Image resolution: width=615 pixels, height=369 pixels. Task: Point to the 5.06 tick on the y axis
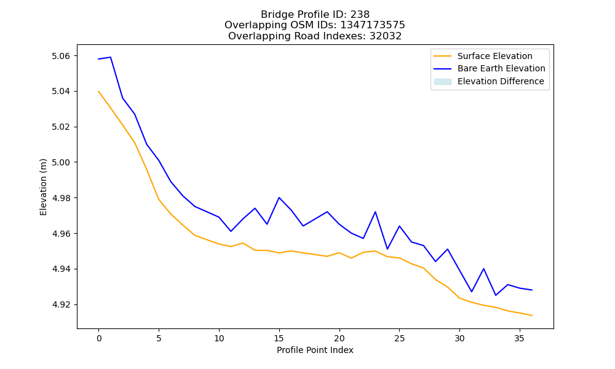click(x=61, y=56)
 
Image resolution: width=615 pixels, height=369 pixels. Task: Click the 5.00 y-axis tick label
click(x=61, y=162)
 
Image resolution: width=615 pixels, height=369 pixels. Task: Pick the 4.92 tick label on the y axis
click(x=61, y=304)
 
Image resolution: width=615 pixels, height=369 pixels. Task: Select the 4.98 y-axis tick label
click(x=61, y=198)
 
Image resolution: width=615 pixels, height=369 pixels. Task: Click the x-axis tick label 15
click(x=279, y=338)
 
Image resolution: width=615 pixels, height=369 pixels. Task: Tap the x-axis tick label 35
click(x=519, y=338)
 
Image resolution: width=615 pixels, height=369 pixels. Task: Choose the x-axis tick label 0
click(x=99, y=338)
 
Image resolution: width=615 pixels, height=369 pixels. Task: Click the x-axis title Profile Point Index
click(x=315, y=350)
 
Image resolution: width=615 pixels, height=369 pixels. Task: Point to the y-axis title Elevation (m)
click(x=43, y=187)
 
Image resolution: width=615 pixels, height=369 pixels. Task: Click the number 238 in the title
click(x=360, y=15)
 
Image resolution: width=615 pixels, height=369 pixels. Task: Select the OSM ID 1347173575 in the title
click(x=373, y=25)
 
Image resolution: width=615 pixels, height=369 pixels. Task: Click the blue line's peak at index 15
click(x=279, y=197)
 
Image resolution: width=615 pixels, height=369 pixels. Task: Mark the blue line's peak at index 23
click(x=375, y=212)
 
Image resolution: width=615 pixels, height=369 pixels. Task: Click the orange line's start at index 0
click(x=98, y=92)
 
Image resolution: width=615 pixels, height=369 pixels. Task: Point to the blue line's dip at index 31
click(x=472, y=292)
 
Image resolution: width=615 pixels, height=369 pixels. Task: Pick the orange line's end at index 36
click(x=532, y=315)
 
